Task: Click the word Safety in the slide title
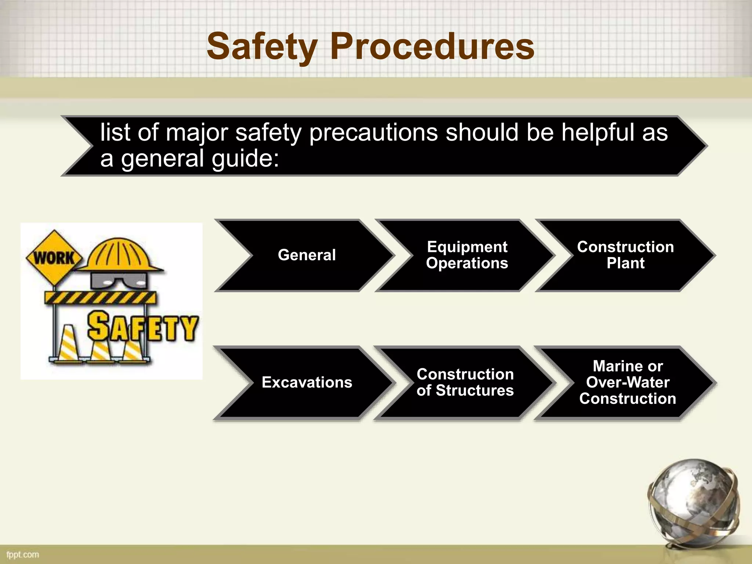[x=261, y=47]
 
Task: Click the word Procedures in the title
[x=432, y=47]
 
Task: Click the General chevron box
[x=307, y=255]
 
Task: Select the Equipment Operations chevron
[x=467, y=255]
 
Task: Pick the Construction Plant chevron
[x=625, y=255]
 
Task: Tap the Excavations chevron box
[x=307, y=383]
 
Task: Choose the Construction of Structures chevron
[x=465, y=383]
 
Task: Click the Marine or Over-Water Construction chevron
[x=628, y=383]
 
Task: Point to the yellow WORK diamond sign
[x=54, y=258]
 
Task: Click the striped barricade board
[x=100, y=297]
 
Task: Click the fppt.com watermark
[x=23, y=554]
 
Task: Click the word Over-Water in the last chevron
[x=628, y=383]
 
